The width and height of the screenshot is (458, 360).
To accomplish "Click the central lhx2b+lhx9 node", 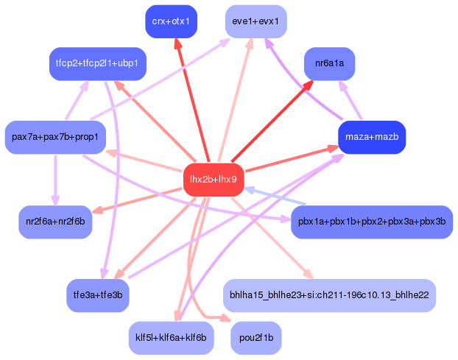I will point(213,180).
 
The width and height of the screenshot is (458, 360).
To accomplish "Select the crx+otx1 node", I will point(171,21).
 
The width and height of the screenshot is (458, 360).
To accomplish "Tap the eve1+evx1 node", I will point(256,21).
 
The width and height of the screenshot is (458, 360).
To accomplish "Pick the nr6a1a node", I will point(329,63).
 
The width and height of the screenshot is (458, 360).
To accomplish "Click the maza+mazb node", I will point(371,137).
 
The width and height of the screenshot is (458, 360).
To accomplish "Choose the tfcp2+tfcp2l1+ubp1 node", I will point(98,64).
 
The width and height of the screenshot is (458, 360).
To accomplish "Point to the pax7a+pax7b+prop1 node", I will point(54,137).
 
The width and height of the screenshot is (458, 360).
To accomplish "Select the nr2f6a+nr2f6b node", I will point(55,222).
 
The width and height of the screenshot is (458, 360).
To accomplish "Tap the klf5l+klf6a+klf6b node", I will point(171,337).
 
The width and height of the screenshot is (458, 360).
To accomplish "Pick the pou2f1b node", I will point(256,337).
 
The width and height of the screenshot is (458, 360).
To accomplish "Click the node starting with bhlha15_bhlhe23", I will point(328,294).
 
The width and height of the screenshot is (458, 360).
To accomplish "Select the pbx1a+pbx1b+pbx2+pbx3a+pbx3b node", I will point(371,222).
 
